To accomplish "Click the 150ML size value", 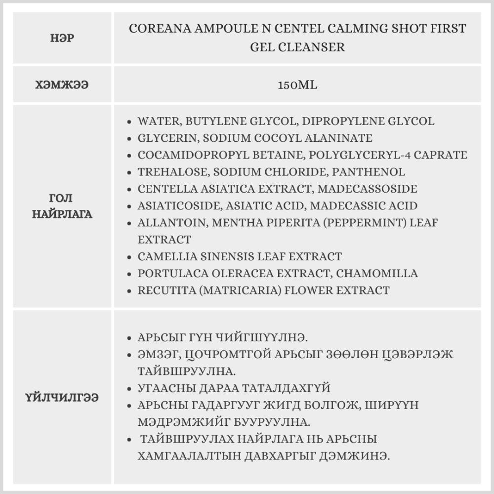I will [x=297, y=84].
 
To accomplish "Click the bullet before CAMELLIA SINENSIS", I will [x=129, y=257].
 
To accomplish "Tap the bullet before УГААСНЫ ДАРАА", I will [x=129, y=388].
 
